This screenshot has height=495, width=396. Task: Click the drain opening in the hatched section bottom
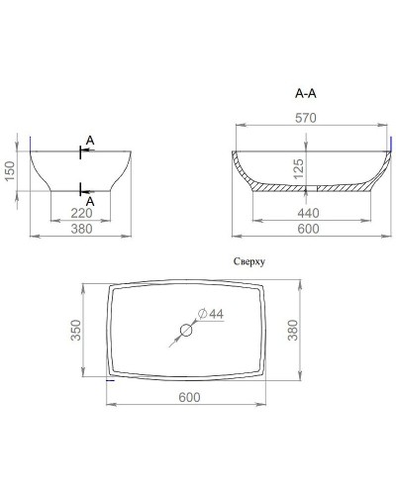[x=307, y=188]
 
